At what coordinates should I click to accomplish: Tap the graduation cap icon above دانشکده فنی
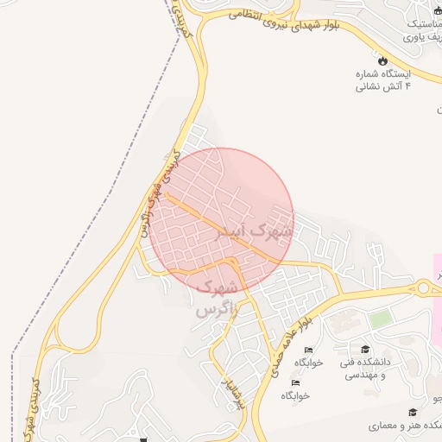pos(364,350)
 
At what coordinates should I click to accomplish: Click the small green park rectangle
pos(381,319)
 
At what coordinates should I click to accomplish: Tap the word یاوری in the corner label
pos(422,38)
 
